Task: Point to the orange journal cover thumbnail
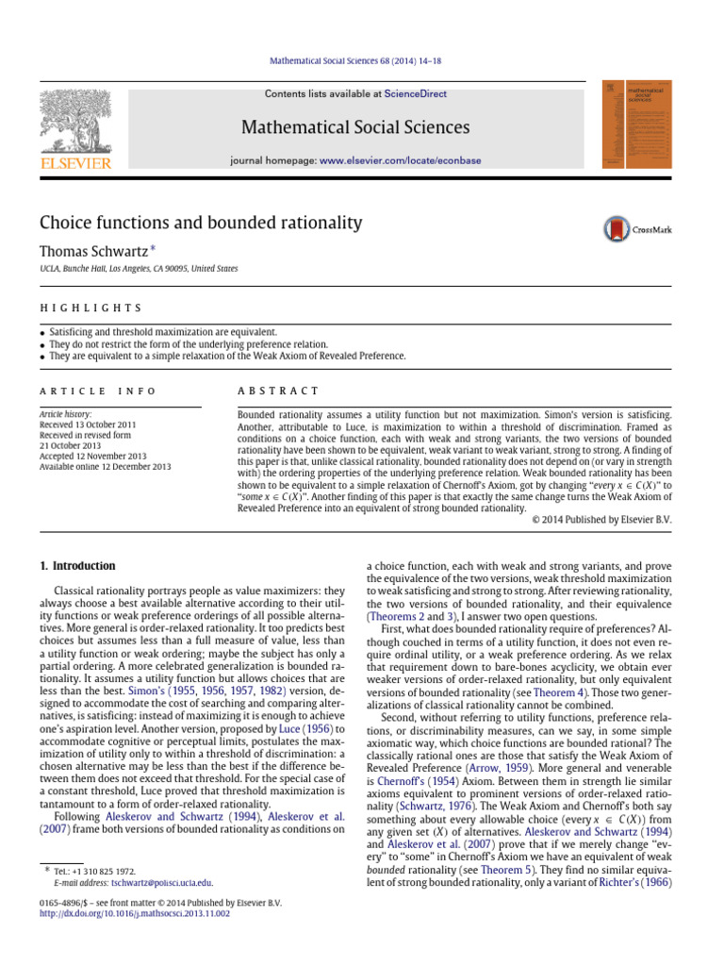point(633,125)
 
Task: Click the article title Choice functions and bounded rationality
point(200,224)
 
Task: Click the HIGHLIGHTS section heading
point(90,308)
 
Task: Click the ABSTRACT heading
point(279,391)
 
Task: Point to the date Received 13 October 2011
point(86,423)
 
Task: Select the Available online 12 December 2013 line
point(105,466)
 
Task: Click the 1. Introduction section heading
point(77,566)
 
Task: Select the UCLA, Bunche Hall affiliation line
point(139,269)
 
